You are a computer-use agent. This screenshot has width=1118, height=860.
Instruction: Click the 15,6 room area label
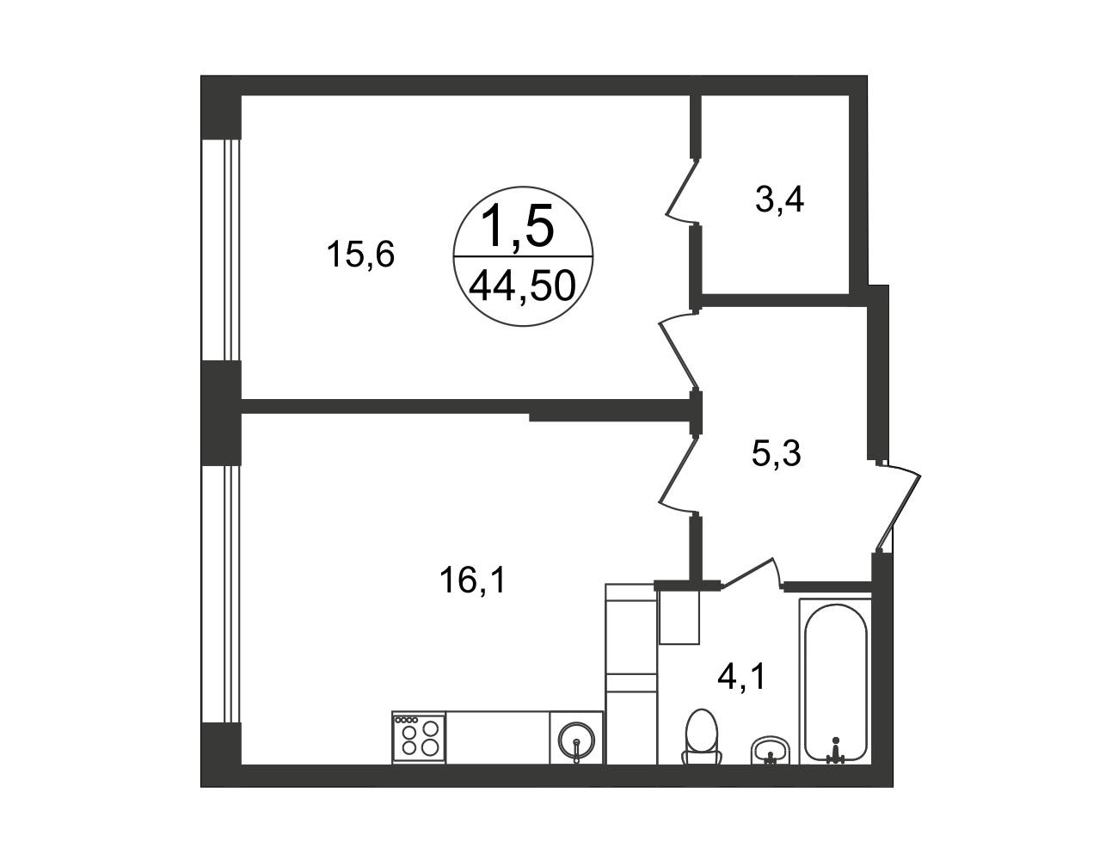[x=360, y=255]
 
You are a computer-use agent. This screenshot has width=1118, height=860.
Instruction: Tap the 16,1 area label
[x=473, y=580]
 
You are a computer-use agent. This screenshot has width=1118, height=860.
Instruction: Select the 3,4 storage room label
[x=779, y=200]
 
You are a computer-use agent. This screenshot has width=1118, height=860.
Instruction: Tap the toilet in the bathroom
[x=702, y=736]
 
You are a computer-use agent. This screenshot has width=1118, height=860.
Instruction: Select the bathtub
[x=836, y=682]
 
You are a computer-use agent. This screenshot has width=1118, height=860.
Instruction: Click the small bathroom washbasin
[x=771, y=751]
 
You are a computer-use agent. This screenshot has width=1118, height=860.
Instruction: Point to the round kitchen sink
[x=577, y=739]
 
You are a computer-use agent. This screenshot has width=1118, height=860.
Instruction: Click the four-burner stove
[x=419, y=738]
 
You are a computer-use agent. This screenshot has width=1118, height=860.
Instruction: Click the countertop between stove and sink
[x=498, y=738]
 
